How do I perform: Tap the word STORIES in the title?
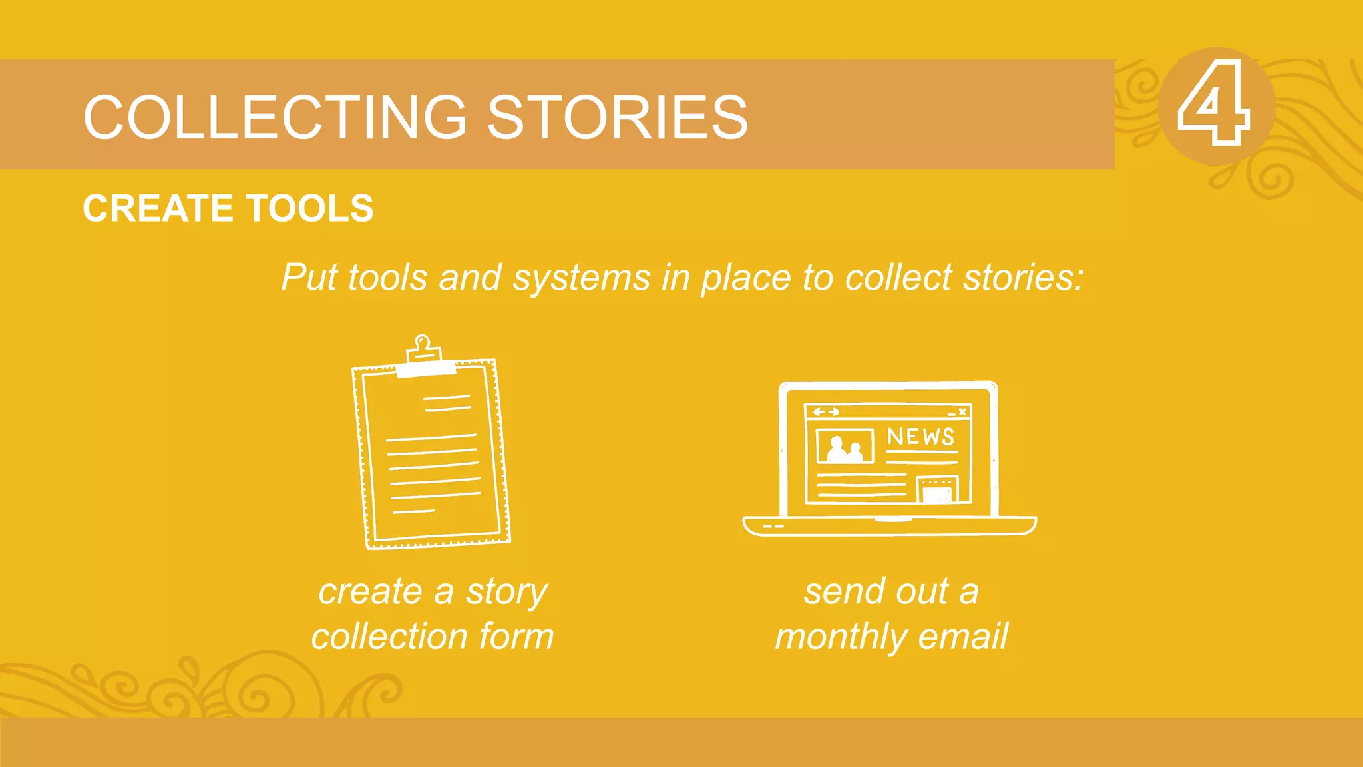pyautogui.click(x=618, y=117)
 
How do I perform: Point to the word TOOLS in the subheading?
pyautogui.click(x=309, y=208)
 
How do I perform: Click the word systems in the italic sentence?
pyautogui.click(x=581, y=277)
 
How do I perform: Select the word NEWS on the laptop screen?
pyautogui.click(x=920, y=437)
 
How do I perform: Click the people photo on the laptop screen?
pyautogui.click(x=845, y=447)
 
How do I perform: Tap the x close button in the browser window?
pyautogui.click(x=962, y=412)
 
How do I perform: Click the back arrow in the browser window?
pyautogui.click(x=819, y=412)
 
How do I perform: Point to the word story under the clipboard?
pyautogui.click(x=506, y=591)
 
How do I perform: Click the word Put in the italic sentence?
pyautogui.click(x=309, y=277)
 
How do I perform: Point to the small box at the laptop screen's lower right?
pyautogui.click(x=937, y=489)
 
